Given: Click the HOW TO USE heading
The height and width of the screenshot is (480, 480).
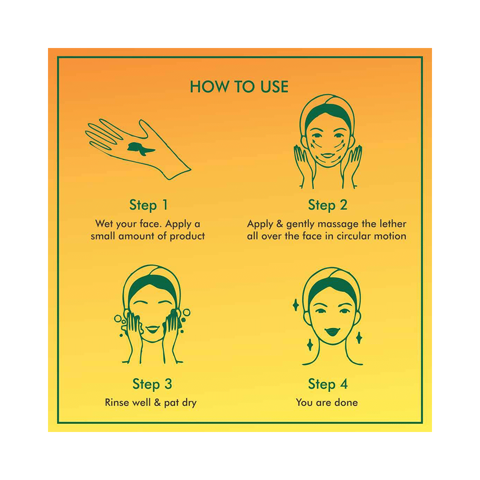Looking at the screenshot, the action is click(x=239, y=86).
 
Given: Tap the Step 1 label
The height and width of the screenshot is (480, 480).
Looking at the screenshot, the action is click(x=148, y=205).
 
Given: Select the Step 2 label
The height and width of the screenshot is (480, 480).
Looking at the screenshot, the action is click(x=327, y=205).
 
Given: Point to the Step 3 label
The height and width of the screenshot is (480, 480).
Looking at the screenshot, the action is click(x=152, y=384).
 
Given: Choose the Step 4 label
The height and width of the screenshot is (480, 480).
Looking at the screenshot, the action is click(x=328, y=384).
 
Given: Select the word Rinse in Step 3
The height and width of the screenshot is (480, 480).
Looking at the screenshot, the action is click(x=116, y=402).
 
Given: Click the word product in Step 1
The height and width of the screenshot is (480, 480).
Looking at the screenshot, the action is click(x=187, y=236).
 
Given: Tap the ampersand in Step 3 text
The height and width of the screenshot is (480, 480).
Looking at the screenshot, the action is click(x=157, y=402).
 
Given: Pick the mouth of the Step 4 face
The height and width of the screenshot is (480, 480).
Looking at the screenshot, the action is click(x=332, y=332).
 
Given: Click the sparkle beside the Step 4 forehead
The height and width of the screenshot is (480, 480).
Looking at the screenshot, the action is click(x=296, y=305).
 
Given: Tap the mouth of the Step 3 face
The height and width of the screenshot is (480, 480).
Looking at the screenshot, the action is click(x=153, y=329).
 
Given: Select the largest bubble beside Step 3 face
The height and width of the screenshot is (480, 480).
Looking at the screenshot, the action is click(x=186, y=312).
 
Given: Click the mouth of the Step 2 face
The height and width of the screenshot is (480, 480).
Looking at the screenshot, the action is click(x=327, y=155).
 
